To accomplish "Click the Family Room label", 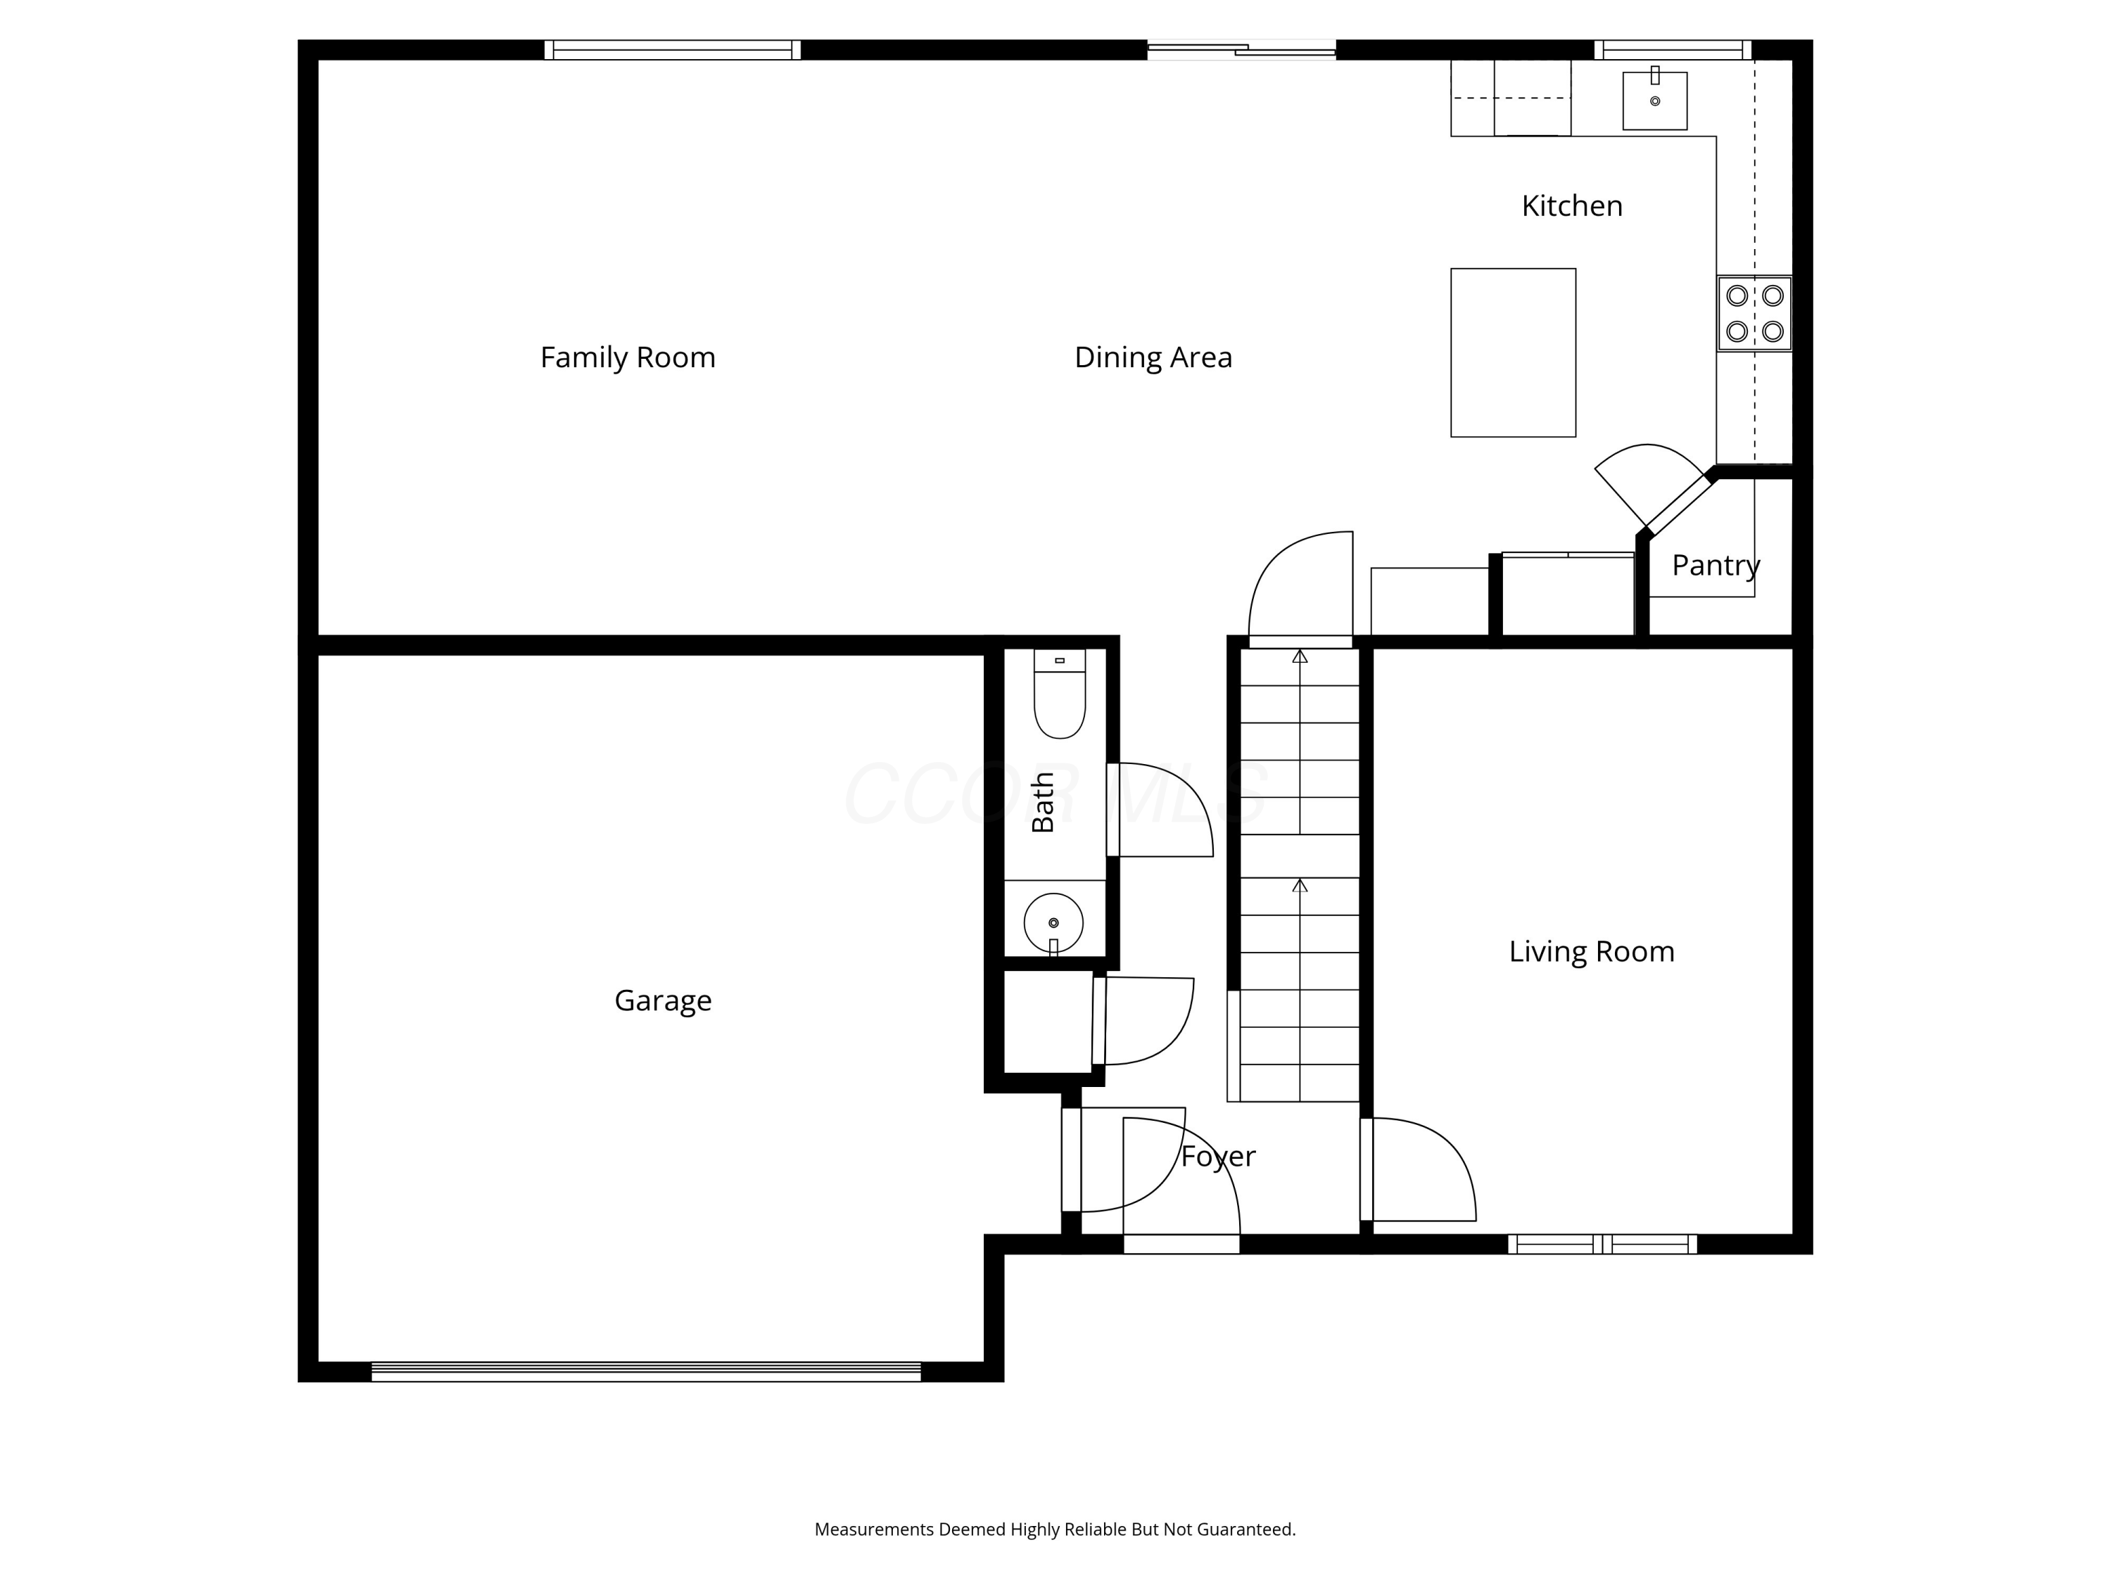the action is (x=628, y=357).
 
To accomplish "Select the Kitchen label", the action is (x=1572, y=206).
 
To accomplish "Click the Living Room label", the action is (x=1592, y=951).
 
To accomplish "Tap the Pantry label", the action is (x=1716, y=566).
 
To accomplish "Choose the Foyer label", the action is (x=1219, y=1157).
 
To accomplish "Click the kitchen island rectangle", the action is (x=1513, y=353).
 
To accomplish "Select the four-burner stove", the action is (x=1754, y=314).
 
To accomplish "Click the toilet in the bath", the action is (x=1059, y=694).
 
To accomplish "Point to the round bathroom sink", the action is (x=1053, y=922).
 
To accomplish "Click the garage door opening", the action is (x=646, y=1372).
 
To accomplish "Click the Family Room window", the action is (x=673, y=50).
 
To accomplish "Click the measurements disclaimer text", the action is (x=1055, y=1529).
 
